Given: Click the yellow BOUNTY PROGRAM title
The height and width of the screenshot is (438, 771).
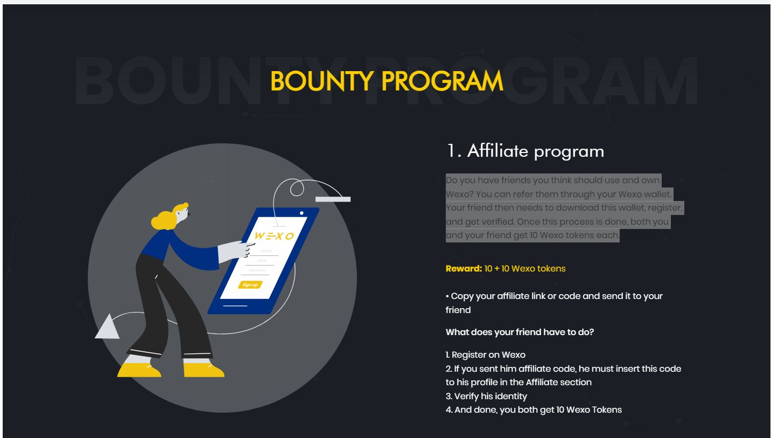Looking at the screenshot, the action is click(387, 81).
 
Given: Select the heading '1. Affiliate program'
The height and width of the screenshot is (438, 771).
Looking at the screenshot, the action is click(525, 151).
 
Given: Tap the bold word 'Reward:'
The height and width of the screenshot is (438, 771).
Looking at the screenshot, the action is click(464, 269).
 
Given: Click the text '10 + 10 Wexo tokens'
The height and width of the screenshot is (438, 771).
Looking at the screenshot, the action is click(525, 269).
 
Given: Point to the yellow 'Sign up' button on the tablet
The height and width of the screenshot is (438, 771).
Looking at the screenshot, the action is click(250, 285).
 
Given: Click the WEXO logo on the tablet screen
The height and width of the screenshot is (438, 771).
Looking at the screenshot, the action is click(275, 236).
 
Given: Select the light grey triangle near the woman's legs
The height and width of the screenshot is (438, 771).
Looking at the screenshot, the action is click(107, 328).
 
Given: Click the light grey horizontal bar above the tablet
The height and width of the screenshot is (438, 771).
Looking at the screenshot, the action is click(333, 199).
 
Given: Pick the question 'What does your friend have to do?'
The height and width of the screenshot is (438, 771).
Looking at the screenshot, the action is click(520, 332).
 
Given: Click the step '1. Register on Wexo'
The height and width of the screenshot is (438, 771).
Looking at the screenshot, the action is click(485, 354).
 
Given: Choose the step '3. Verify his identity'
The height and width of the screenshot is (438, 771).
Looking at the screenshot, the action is click(486, 396).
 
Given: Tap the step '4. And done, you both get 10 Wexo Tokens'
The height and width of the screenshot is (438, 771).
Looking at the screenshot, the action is click(534, 410).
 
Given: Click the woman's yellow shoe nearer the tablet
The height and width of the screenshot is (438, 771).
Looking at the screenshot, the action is click(204, 370).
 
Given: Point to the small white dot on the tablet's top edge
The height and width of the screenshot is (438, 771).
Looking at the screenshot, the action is click(302, 213).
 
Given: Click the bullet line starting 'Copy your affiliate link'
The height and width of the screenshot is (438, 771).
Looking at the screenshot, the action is click(554, 303).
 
